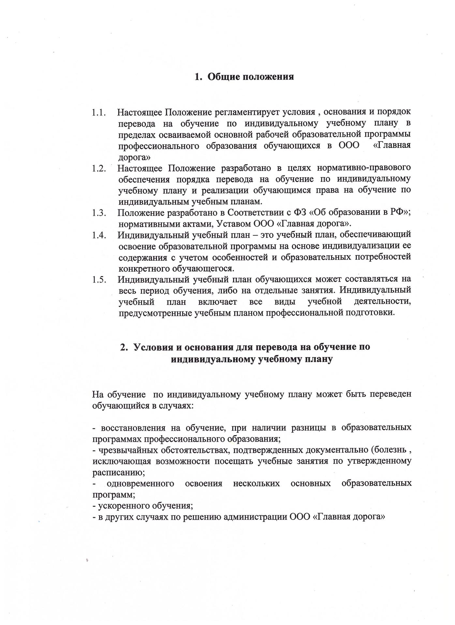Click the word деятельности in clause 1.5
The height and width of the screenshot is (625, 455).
point(382,302)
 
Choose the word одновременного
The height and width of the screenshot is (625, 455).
point(140,483)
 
